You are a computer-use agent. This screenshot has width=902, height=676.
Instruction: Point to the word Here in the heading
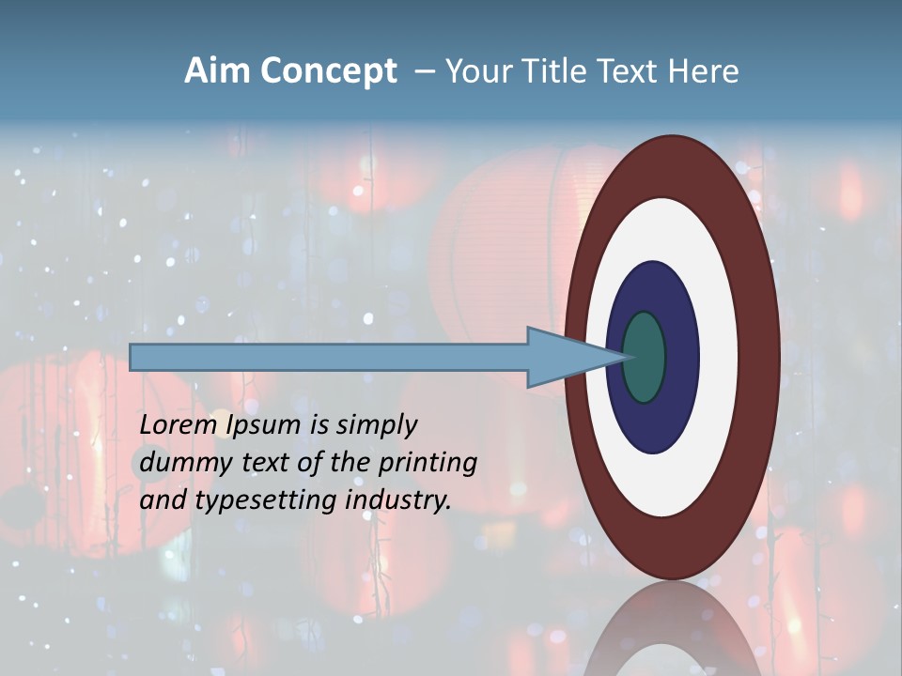point(703,71)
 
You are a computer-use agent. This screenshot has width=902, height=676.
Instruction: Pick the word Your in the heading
point(480,71)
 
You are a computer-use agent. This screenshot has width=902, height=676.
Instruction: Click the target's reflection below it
point(672,629)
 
